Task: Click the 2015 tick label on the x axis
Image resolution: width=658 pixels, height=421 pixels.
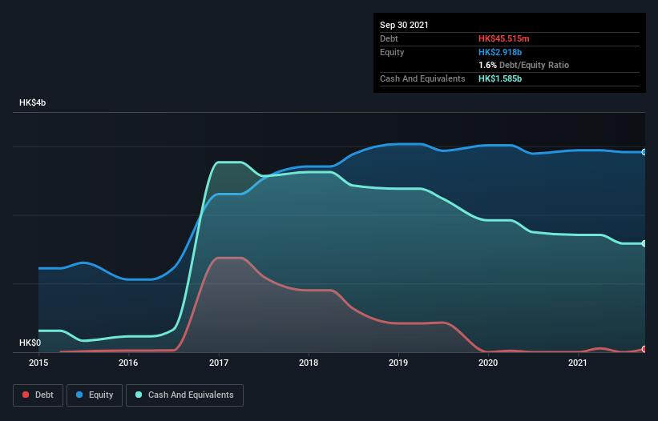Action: click(38, 363)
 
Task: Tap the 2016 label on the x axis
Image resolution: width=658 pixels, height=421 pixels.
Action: click(128, 363)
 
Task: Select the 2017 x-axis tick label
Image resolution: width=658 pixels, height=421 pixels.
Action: click(218, 363)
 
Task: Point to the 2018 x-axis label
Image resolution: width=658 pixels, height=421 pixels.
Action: click(309, 363)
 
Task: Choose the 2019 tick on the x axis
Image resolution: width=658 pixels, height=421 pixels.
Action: click(398, 363)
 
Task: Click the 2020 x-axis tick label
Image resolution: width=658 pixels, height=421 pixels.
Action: click(488, 363)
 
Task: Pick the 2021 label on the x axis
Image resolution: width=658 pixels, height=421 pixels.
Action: click(578, 363)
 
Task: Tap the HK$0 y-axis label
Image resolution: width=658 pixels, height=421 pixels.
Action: click(30, 343)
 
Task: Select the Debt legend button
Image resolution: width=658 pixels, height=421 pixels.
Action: click(38, 395)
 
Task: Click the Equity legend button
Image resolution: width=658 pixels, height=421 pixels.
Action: click(95, 395)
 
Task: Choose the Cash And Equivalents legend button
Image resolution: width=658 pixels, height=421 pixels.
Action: click(184, 395)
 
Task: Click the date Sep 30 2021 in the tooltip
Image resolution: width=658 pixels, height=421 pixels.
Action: click(404, 25)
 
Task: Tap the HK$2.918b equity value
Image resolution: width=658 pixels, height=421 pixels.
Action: click(502, 52)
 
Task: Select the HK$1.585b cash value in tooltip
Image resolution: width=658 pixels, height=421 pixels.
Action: click(502, 78)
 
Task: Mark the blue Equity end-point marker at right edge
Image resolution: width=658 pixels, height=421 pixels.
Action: click(644, 152)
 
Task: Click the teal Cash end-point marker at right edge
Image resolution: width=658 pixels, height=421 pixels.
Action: click(644, 243)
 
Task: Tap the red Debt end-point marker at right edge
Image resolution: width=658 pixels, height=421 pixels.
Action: click(644, 349)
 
